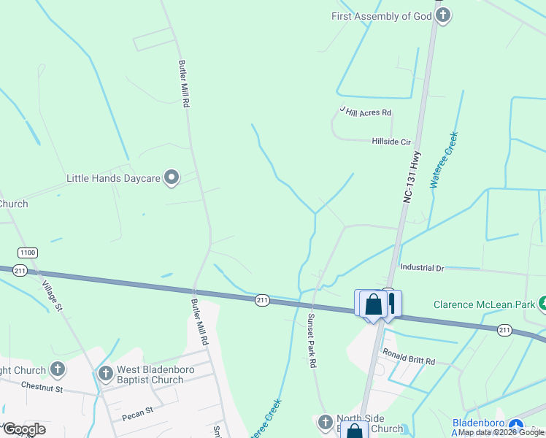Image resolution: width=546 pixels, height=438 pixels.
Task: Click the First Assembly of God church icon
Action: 442,15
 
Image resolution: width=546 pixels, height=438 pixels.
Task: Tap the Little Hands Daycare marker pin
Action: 172,177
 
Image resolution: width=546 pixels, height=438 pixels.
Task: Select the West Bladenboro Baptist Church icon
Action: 105,374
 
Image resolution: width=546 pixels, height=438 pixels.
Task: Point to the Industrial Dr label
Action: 422,269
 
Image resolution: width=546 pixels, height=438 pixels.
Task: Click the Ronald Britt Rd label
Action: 409,361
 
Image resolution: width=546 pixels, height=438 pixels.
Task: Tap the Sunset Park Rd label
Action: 311,341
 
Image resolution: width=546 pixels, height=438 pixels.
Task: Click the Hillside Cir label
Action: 391,142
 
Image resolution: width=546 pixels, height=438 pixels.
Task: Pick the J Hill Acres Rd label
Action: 366,112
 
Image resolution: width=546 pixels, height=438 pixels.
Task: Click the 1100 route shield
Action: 28,253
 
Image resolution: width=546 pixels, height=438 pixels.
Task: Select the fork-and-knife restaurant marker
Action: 391,301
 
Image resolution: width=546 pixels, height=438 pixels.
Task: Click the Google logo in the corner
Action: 24,429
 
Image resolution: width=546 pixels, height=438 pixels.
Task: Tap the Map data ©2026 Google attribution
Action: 501,432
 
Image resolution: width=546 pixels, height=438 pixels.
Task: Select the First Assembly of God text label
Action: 382,16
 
